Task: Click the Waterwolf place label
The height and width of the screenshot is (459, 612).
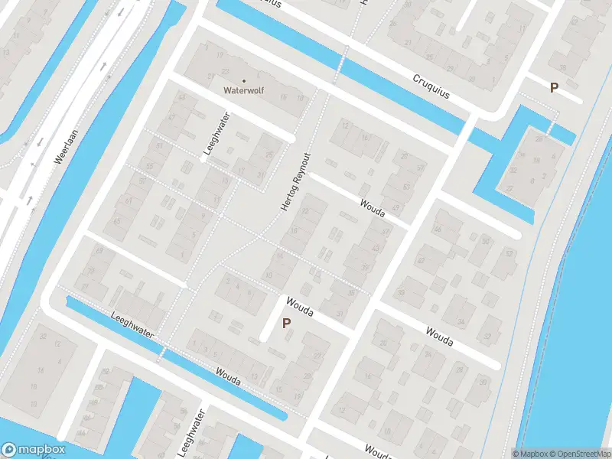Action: pos(243,90)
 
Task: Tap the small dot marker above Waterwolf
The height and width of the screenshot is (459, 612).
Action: pos(244,80)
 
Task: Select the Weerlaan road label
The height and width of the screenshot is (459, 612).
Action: pos(67,145)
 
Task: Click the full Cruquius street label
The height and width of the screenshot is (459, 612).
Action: pos(433,86)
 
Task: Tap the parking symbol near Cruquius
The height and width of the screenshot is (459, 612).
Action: pos(554,88)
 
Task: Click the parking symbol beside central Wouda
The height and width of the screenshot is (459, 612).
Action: pos(286,324)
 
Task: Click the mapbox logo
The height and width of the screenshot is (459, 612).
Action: pos(34,450)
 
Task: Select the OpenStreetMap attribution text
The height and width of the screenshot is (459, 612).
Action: pos(580,454)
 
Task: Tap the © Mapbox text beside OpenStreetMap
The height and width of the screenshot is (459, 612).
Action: pos(530,454)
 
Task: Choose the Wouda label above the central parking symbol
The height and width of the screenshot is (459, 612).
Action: pos(300,307)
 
